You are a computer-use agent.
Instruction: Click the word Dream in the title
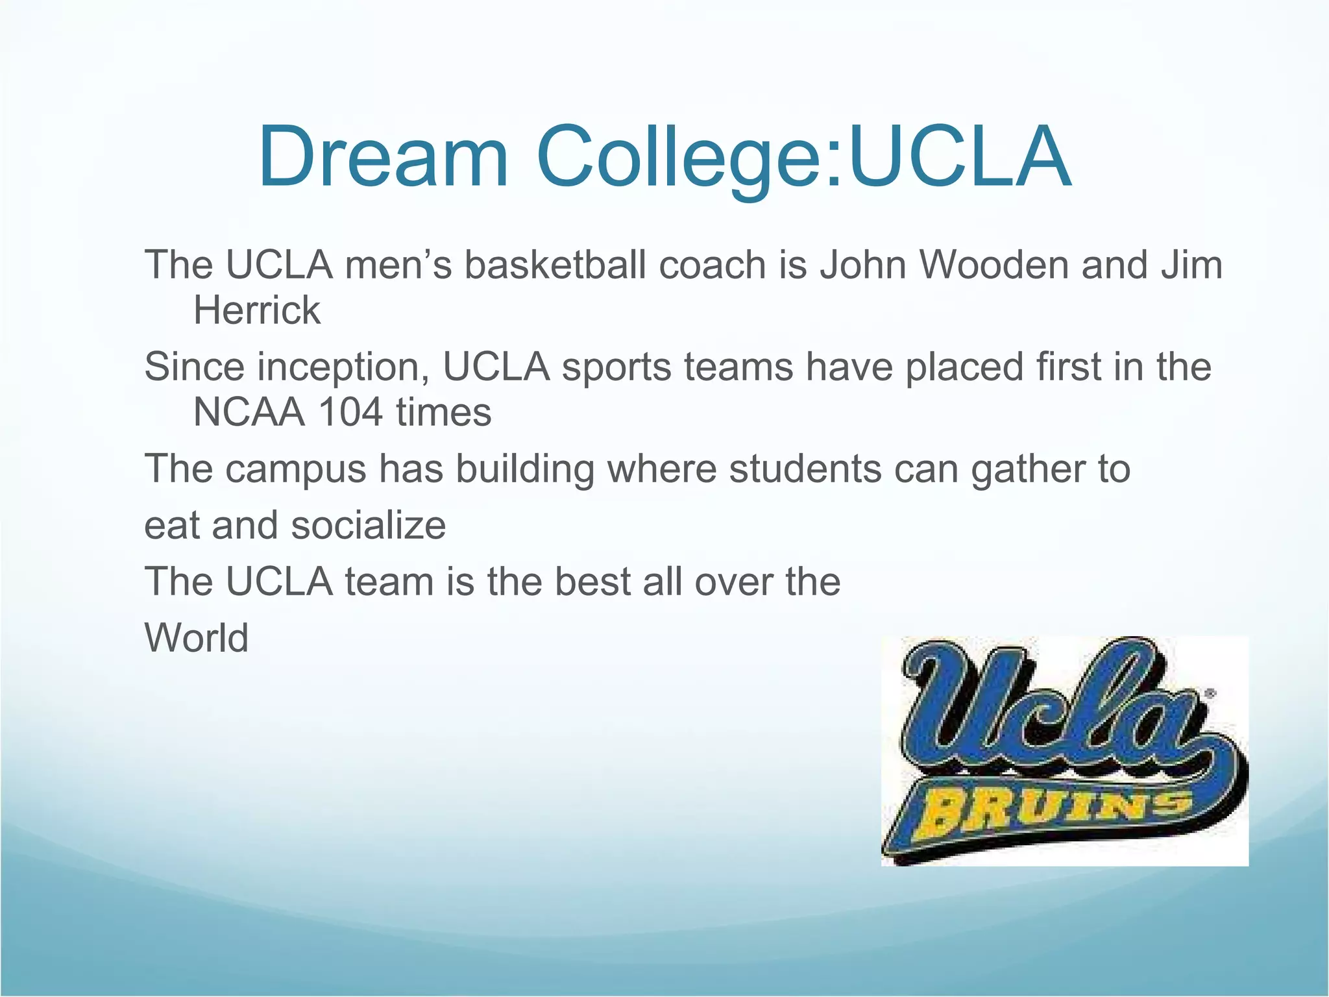pos(383,158)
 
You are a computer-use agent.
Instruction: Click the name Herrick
pos(257,310)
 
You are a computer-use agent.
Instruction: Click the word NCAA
pos(249,412)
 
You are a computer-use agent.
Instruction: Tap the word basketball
pos(555,265)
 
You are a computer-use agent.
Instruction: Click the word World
pos(197,637)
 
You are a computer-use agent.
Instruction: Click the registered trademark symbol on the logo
pos(1209,694)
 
